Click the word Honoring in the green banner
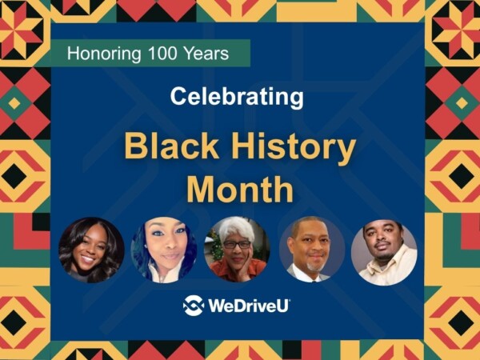99,54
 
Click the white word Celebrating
237,98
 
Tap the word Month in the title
239,190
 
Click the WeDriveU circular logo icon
194,306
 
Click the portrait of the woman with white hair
237,250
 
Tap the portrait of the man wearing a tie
311,250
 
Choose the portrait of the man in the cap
384,251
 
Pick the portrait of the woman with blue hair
164,250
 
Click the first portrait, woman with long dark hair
91,250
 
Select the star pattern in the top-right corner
455,24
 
